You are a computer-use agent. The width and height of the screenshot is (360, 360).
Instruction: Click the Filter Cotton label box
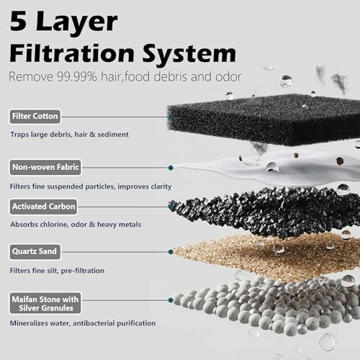pos(35,117)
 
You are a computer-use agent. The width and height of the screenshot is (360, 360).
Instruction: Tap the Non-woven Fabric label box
pos(45,167)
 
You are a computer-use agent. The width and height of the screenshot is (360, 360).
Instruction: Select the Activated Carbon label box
pos(43,207)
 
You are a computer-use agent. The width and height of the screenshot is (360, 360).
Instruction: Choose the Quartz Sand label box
pos(35,252)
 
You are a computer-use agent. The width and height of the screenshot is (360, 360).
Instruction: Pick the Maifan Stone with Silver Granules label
pos(45,303)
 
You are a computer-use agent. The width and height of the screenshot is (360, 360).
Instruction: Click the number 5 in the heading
pos(18,21)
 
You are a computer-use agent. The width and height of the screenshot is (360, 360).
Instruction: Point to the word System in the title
pos(189,54)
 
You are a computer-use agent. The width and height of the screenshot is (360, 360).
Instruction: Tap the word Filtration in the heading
pos(72,53)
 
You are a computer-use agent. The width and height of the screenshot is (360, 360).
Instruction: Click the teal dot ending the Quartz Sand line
pos(171,252)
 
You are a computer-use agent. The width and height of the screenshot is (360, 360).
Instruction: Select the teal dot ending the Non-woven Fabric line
pos(171,168)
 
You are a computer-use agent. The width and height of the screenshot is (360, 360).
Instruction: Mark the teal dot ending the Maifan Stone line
pos(171,300)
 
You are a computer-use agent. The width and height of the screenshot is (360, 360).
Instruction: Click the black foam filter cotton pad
pos(264,120)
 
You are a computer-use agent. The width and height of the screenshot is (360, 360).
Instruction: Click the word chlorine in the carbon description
pos(54,225)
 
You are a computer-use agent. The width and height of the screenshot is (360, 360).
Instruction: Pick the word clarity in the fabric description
pos(161,186)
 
